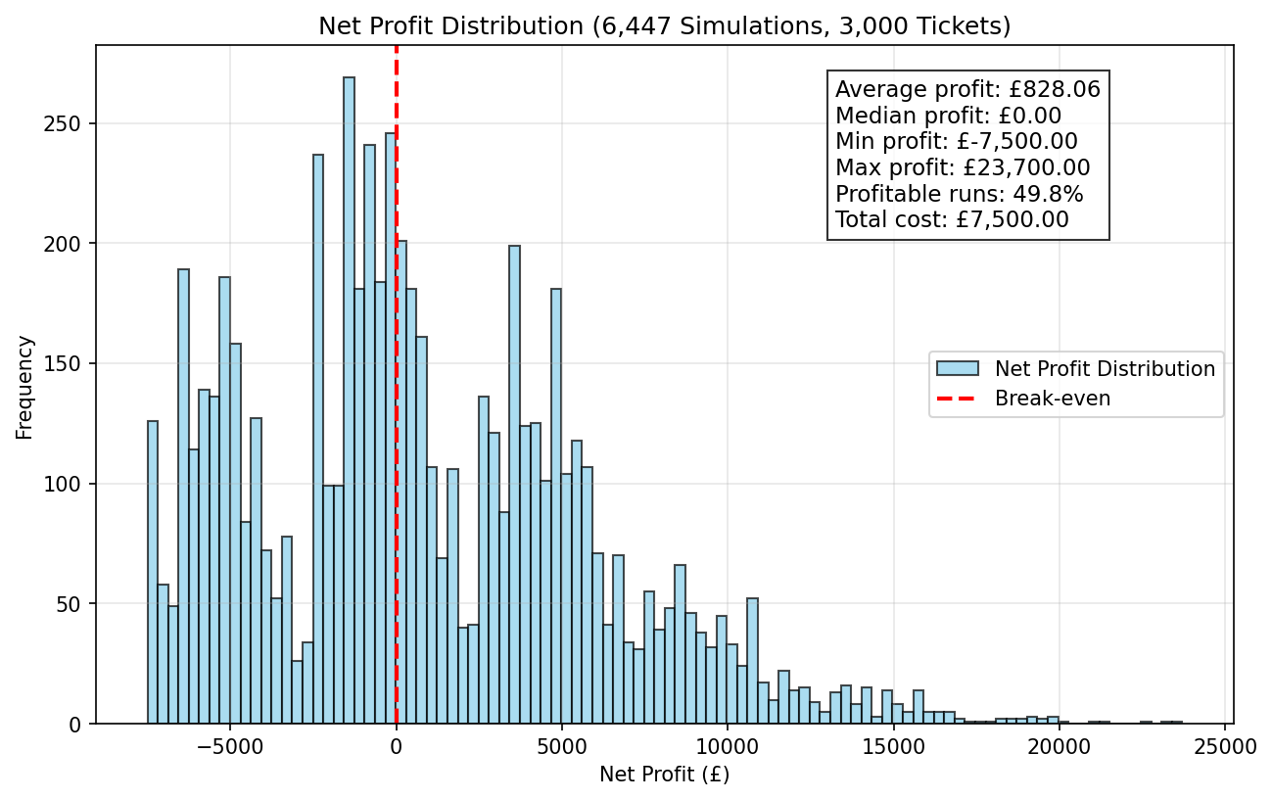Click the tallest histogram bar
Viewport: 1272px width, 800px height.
pyautogui.click(x=350, y=400)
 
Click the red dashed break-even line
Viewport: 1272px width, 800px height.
pyautogui.click(x=397, y=385)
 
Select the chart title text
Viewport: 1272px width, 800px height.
pyautogui.click(x=664, y=26)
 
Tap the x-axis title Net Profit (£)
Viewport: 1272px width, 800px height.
pyautogui.click(x=664, y=774)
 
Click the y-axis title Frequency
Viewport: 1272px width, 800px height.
pyautogui.click(x=24, y=388)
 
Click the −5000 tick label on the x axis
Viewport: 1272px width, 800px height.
pyautogui.click(x=230, y=747)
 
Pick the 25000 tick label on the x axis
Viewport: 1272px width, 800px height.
pyautogui.click(x=1225, y=747)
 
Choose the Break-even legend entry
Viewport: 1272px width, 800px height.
pyautogui.click(x=1023, y=398)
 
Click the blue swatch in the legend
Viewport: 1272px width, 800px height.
pyautogui.click(x=958, y=368)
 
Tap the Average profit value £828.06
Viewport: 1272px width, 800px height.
pyautogui.click(x=1055, y=90)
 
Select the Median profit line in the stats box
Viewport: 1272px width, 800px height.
pyautogui.click(x=948, y=116)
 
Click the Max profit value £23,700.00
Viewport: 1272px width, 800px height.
pyautogui.click(x=1026, y=167)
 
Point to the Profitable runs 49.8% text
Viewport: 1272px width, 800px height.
pyautogui.click(x=959, y=194)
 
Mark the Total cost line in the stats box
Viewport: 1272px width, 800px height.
pyautogui.click(x=953, y=219)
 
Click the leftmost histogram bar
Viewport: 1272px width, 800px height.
pyautogui.click(x=153, y=572)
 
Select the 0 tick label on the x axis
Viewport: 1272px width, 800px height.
pyautogui.click(x=397, y=747)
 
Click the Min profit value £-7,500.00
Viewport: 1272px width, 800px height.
pyautogui.click(x=1016, y=141)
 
